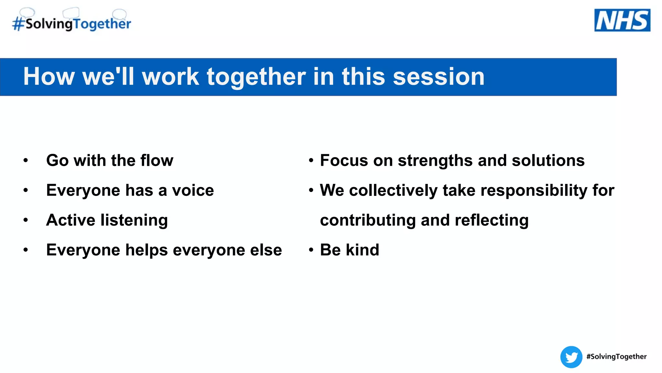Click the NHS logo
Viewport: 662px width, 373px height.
click(x=622, y=20)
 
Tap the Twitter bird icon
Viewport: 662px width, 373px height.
click(x=571, y=357)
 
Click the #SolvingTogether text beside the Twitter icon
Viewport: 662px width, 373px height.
click(x=616, y=356)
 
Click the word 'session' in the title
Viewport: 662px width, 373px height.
click(x=439, y=77)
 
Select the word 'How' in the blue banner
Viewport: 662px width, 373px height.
click(x=49, y=77)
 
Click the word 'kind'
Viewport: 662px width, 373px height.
click(x=362, y=250)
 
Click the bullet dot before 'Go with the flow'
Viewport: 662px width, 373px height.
click(x=26, y=160)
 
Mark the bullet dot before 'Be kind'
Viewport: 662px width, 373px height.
click(x=311, y=250)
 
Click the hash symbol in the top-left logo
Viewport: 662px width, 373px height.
click(x=18, y=24)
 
